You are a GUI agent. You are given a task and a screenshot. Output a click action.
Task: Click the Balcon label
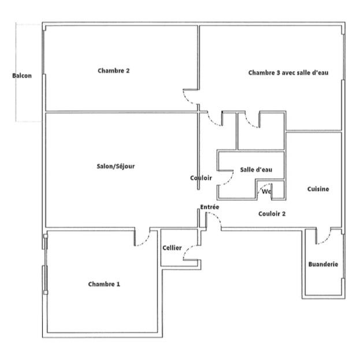point(22,76)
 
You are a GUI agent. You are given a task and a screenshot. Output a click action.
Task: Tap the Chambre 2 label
point(113,71)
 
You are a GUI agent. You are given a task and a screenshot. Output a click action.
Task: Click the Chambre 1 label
point(105,284)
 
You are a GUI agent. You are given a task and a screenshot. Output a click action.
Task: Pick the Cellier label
point(172,248)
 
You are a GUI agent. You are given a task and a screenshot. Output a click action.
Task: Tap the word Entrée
point(209,207)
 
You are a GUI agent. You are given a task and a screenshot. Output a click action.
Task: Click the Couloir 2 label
point(272,213)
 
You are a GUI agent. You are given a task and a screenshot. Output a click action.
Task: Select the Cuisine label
point(318,189)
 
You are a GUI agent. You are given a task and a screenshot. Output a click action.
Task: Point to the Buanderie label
point(324,264)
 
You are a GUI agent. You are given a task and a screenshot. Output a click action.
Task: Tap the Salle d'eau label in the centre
point(256,169)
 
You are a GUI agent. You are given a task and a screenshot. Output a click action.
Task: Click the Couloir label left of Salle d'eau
point(201,178)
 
